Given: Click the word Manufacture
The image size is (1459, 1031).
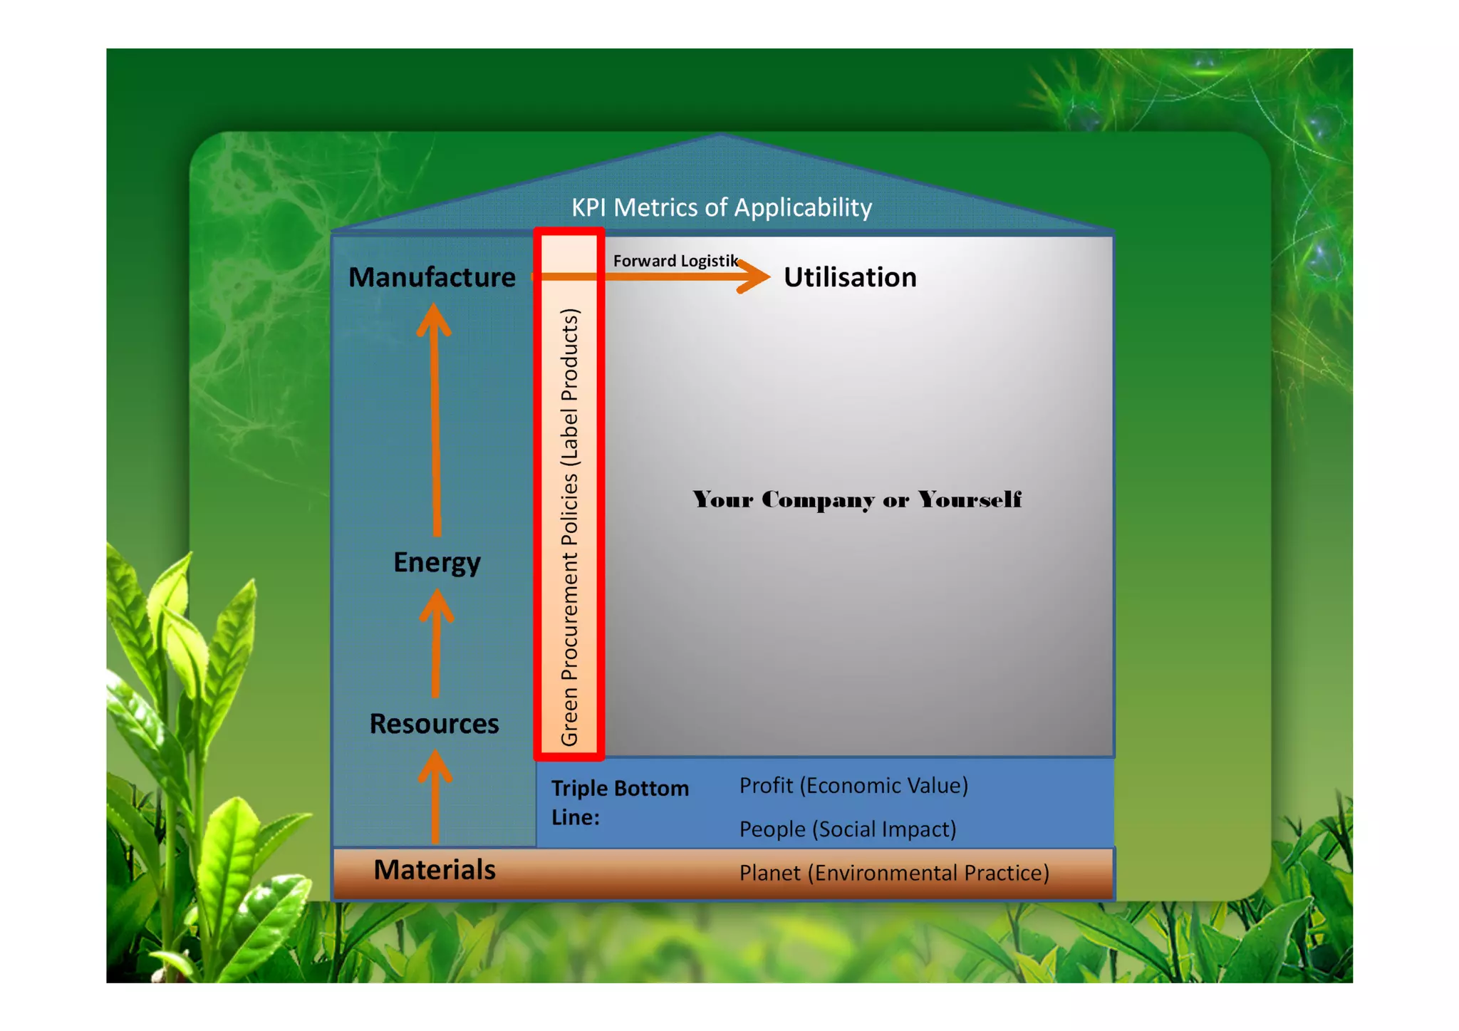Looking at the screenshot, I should pyautogui.click(x=432, y=277).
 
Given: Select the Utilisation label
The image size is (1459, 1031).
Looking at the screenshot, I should pyautogui.click(x=850, y=277).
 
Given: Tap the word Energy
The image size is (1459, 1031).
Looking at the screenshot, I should pyautogui.click(x=437, y=562).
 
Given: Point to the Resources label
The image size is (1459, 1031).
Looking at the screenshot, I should pyautogui.click(x=434, y=724).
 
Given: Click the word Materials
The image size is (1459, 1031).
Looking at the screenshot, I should pyautogui.click(x=435, y=870).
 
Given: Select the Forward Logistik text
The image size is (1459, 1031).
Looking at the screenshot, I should pyautogui.click(x=675, y=261).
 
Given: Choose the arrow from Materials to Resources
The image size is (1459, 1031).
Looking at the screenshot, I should pyautogui.click(x=435, y=798).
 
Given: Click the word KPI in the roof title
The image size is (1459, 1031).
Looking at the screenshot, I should pyautogui.click(x=588, y=207).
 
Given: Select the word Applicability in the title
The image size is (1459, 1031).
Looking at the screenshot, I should pyautogui.click(x=803, y=207).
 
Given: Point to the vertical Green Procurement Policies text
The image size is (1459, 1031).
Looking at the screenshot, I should pyautogui.click(x=570, y=527).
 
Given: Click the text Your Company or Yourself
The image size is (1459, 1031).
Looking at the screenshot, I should pyautogui.click(x=857, y=499).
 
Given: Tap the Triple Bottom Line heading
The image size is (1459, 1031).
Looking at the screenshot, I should pyautogui.click(x=620, y=802).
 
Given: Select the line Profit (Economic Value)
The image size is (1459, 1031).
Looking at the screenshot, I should pyautogui.click(x=853, y=785).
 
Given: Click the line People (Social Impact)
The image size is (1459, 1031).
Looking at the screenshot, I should pyautogui.click(x=848, y=829).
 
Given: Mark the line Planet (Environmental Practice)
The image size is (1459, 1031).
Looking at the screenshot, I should pyautogui.click(x=894, y=873).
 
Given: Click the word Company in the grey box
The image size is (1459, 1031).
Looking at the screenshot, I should pyautogui.click(x=818, y=499).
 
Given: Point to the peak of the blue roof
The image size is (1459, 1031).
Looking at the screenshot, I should pyautogui.click(x=721, y=137).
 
